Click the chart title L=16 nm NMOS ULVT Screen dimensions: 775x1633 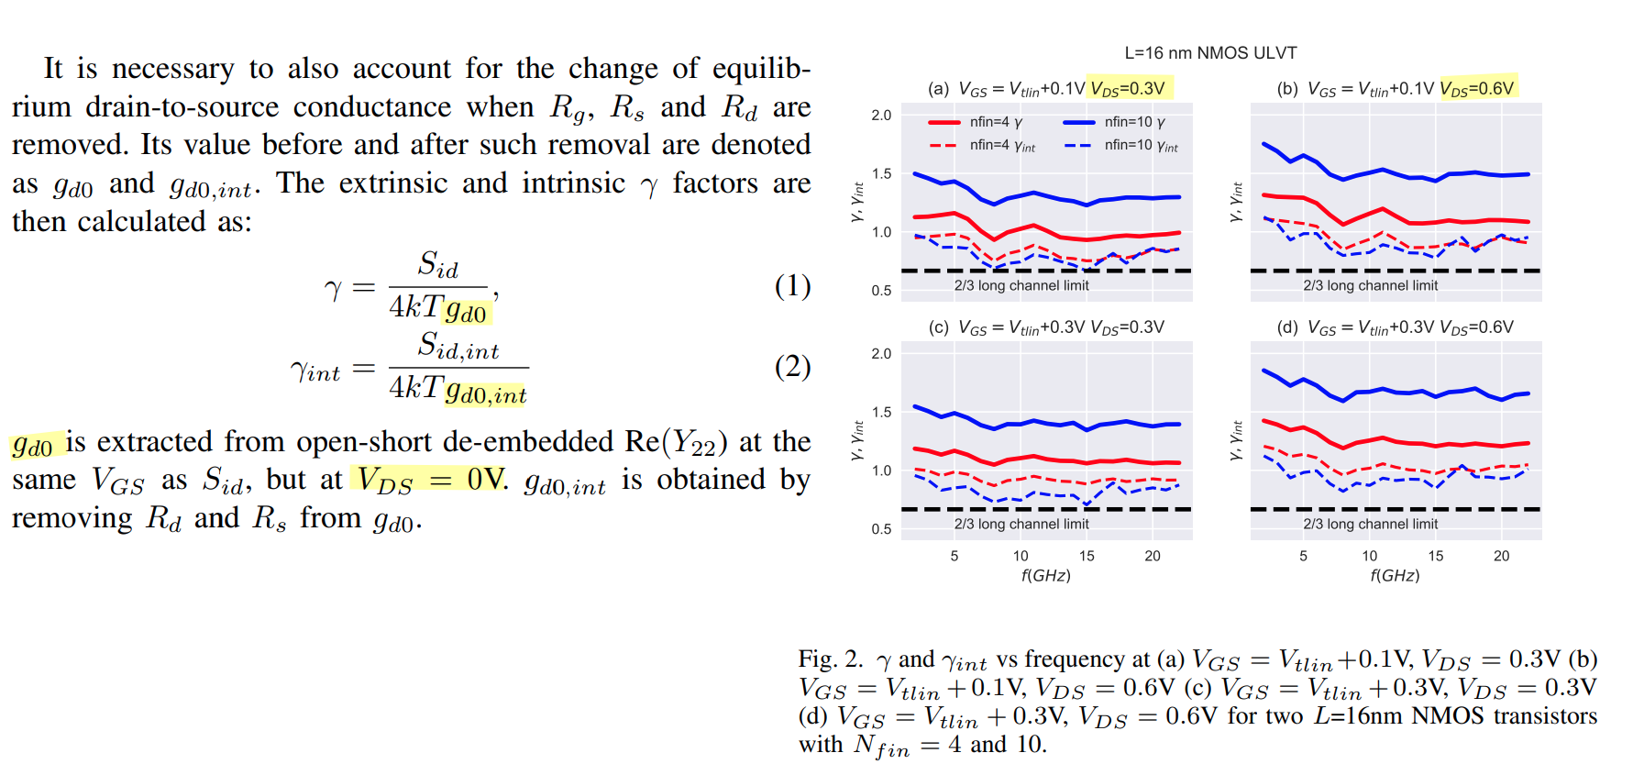pyautogui.click(x=1210, y=53)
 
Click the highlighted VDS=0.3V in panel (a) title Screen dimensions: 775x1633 pyautogui.click(x=1128, y=89)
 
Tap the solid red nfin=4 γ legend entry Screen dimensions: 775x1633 pyautogui.click(x=976, y=122)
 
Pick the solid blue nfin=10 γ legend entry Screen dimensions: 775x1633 pyautogui.click(x=1113, y=122)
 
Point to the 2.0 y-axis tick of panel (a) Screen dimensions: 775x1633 pyautogui.click(x=881, y=116)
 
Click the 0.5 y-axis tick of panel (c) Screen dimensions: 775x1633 pyautogui.click(x=881, y=529)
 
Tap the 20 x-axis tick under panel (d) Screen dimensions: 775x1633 pyautogui.click(x=1501, y=556)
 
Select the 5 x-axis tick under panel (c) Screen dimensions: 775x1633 pyautogui.click(x=954, y=556)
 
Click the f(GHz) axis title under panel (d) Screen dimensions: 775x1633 pyautogui.click(x=1395, y=576)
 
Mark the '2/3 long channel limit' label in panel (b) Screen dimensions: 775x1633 pyautogui.click(x=1370, y=286)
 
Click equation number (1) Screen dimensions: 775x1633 pyautogui.click(x=792, y=286)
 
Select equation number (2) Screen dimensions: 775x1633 pyautogui.click(x=792, y=367)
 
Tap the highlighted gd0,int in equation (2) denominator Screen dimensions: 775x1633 pyautogui.click(x=486, y=393)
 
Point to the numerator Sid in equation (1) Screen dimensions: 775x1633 pyautogui.click(x=437, y=265)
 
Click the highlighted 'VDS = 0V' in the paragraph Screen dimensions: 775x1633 pyautogui.click(x=429, y=480)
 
